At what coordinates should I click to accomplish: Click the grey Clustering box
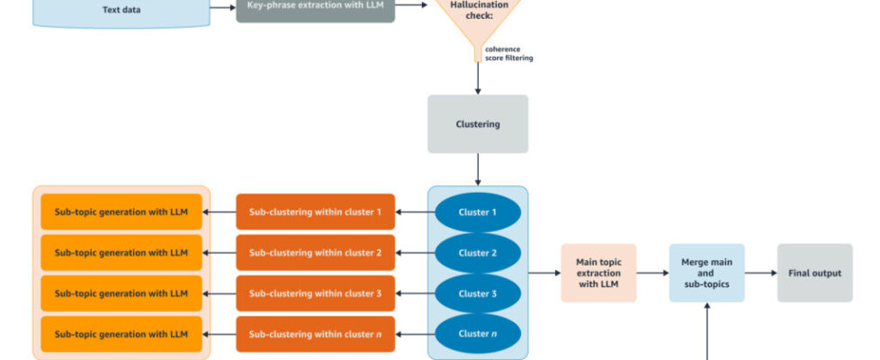[x=478, y=124]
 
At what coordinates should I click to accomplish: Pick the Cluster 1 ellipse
[x=478, y=212]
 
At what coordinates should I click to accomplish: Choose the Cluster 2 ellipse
[x=478, y=253]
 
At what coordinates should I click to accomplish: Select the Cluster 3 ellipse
[x=478, y=293]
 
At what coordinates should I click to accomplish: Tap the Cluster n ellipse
[x=478, y=334]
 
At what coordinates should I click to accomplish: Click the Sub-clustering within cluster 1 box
[x=315, y=212]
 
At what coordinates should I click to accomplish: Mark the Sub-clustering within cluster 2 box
[x=315, y=253]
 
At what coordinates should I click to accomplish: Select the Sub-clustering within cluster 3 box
[x=315, y=293]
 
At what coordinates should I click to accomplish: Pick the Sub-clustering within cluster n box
[x=315, y=334]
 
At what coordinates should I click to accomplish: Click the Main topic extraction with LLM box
[x=598, y=273]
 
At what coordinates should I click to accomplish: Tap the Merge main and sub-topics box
[x=706, y=273]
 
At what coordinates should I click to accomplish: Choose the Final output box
[x=814, y=273]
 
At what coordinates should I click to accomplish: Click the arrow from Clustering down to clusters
[x=478, y=169]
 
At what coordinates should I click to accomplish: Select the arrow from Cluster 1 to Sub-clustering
[x=415, y=212]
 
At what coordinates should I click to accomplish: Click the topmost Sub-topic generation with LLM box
[x=121, y=212]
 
